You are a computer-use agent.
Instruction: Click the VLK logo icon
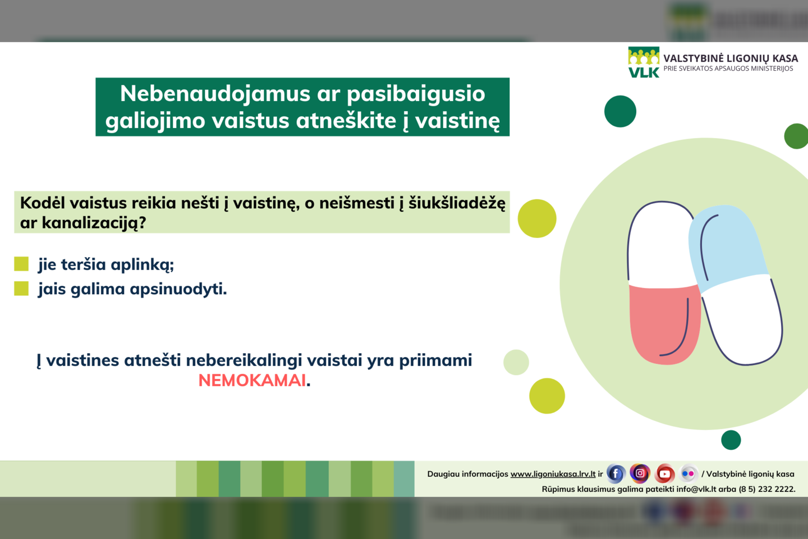pos(644,62)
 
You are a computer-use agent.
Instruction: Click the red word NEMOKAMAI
pos(252,381)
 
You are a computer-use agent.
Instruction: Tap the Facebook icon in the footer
pos(616,474)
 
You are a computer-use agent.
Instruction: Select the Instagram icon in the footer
pos(640,473)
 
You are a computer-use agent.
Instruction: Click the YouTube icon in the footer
pos(664,474)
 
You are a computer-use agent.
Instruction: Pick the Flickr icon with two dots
pos(688,474)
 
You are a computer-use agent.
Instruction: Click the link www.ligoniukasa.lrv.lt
pos(553,474)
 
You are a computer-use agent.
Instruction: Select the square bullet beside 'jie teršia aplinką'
pos(21,264)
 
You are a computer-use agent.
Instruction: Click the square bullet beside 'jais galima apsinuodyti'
pos(21,289)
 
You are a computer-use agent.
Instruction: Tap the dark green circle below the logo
pos(620,111)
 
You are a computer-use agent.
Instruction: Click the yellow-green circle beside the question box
pos(537,218)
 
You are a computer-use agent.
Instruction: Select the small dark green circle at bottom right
pos(731,440)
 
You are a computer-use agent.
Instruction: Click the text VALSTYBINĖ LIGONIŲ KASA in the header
pos(730,58)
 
